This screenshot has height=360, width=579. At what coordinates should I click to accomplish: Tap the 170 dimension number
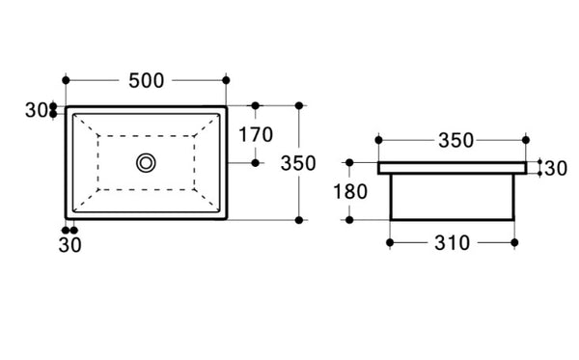pos(256,134)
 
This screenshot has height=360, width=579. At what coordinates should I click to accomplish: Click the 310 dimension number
pos(450,242)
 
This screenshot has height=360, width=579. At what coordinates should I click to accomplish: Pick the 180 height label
pos(348,191)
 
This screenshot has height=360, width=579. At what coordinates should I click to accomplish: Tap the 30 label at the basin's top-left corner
pos(37,110)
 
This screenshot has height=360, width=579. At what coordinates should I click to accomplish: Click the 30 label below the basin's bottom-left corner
pos(70,244)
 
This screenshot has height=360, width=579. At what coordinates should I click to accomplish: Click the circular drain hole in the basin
pos(146,162)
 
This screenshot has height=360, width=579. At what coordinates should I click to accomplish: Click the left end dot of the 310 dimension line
pos(389,241)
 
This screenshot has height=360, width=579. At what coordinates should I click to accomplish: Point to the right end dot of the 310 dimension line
pos(513,241)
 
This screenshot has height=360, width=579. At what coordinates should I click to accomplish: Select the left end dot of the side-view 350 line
pos(377,140)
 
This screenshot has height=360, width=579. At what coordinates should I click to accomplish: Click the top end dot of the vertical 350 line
pos(299,105)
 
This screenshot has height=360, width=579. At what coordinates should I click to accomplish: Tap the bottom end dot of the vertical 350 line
pos(299,220)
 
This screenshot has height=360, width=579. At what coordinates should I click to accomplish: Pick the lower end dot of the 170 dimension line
pos(256,162)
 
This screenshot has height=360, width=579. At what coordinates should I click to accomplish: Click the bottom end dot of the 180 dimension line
pos(348,220)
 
